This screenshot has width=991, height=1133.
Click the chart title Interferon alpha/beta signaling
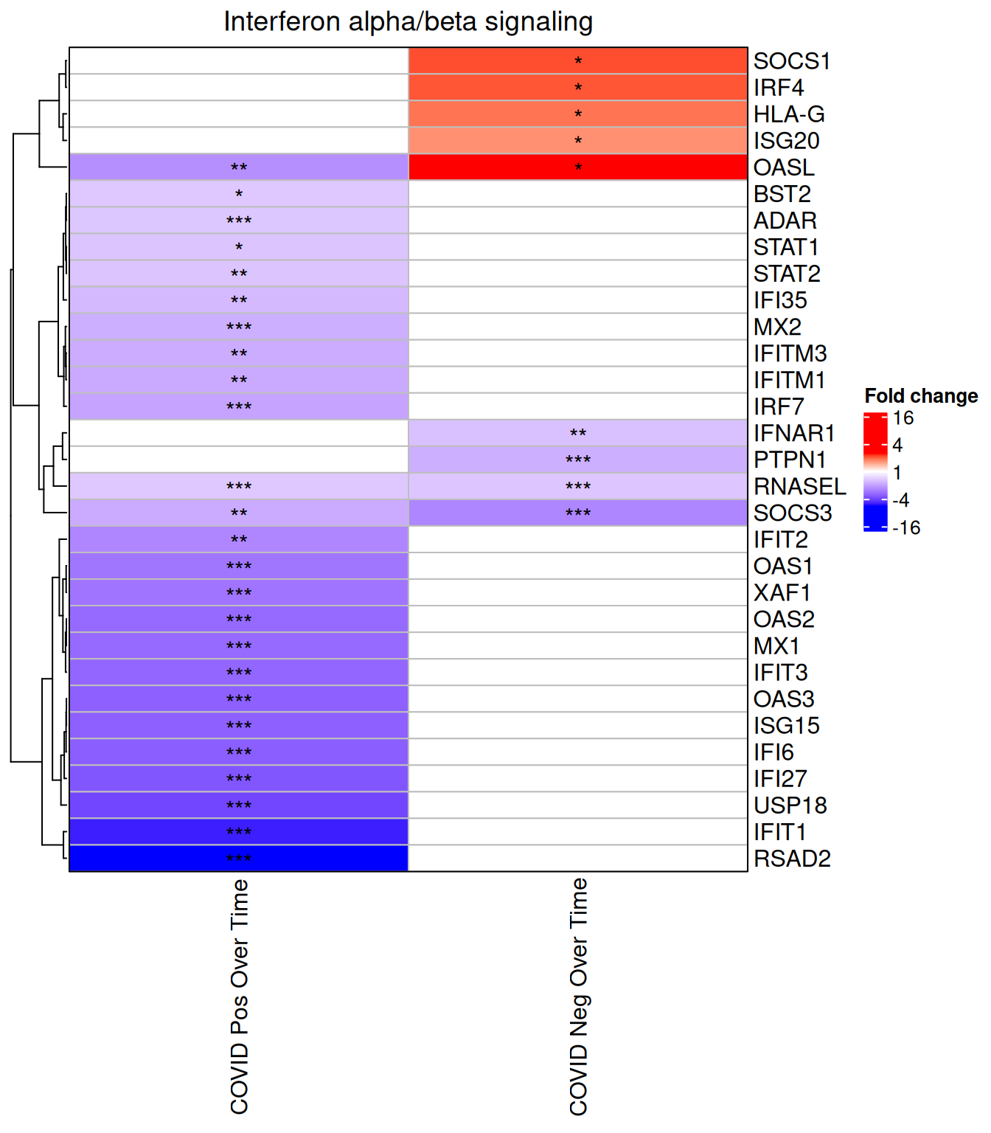pos(408,22)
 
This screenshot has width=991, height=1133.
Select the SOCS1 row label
pos(792,61)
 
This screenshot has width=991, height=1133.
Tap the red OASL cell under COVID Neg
pos(578,167)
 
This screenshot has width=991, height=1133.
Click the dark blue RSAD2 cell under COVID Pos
pos(239,858)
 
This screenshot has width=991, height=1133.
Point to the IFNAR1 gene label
pos(794,433)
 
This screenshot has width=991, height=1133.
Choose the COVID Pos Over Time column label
pos(240,996)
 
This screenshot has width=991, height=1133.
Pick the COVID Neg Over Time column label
pos(579,996)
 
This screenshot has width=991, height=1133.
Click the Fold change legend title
pos(921,396)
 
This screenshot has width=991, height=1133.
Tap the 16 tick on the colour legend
pos(903,418)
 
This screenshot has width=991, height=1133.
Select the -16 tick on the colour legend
pos(906,528)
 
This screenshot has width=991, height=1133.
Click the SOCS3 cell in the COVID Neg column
pos(578,513)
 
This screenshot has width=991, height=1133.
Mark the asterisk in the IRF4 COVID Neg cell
pos(578,88)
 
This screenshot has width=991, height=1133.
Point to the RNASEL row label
pos(799,487)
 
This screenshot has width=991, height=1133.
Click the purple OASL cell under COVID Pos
pos(239,167)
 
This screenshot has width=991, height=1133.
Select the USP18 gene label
pos(790,805)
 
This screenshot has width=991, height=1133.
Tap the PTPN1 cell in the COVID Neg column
pos(578,460)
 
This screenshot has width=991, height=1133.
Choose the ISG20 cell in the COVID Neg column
pos(578,140)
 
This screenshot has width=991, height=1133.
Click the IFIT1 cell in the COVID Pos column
pos(239,831)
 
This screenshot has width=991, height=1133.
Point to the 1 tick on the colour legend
pos(897,473)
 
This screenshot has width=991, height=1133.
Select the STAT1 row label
pos(786,247)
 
